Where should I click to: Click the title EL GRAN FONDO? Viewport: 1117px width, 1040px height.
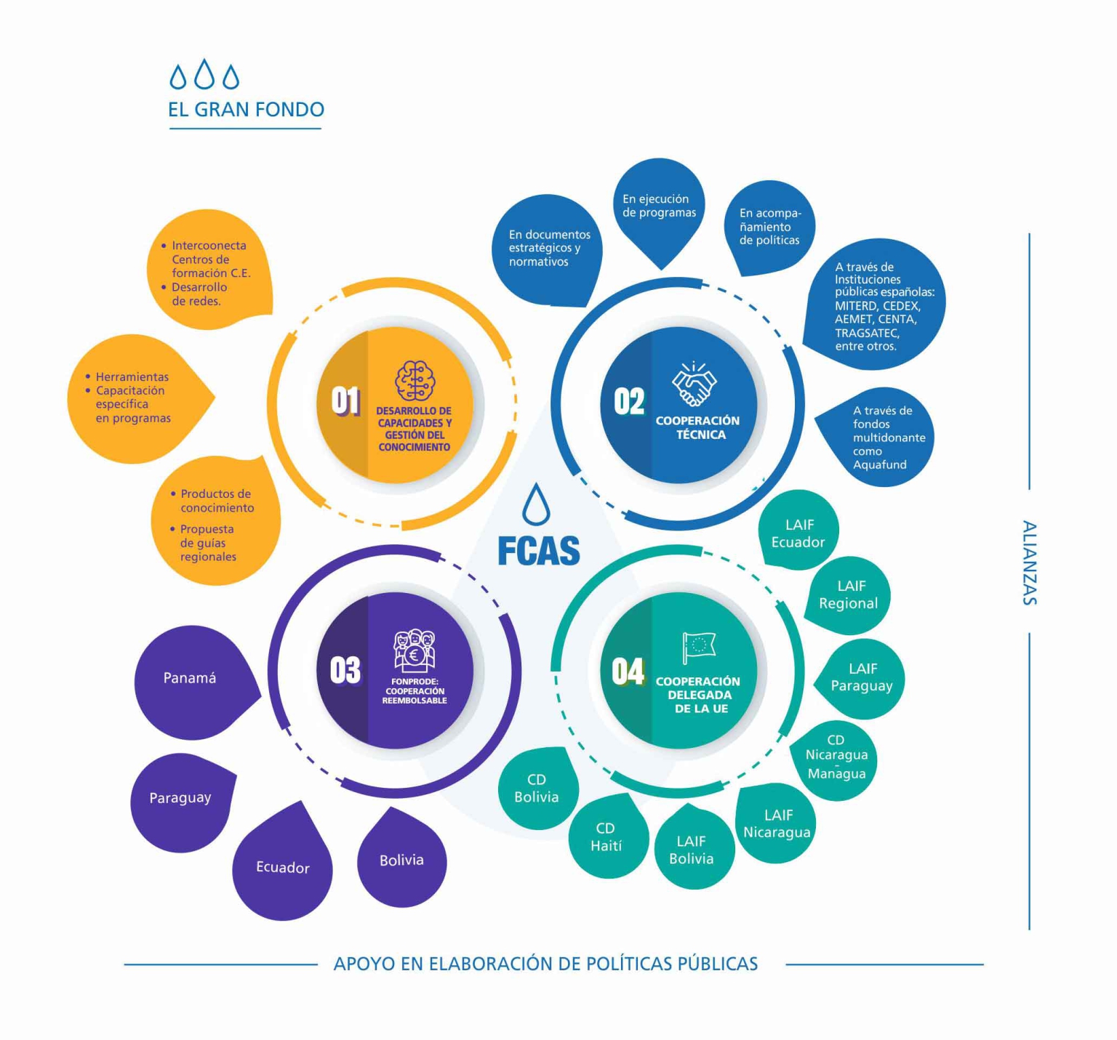click(x=246, y=110)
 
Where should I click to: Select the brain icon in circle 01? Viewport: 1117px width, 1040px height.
click(x=415, y=380)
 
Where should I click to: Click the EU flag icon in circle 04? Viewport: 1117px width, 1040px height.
click(x=698, y=646)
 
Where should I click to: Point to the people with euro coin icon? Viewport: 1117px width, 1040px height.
click(x=415, y=649)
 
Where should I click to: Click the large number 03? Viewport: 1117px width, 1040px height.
click(x=345, y=670)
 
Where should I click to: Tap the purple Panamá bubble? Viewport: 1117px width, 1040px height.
click(x=191, y=679)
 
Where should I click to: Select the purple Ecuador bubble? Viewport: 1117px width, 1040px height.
click(x=282, y=868)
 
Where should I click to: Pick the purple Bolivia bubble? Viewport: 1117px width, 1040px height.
click(x=401, y=860)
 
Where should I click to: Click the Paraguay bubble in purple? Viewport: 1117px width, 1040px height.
click(x=180, y=798)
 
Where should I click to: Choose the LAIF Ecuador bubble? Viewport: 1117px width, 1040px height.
click(x=798, y=533)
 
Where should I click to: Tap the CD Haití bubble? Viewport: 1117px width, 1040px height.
click(x=606, y=837)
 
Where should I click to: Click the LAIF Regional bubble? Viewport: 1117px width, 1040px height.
click(x=849, y=594)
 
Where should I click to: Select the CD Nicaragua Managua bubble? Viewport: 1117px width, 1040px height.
click(x=836, y=757)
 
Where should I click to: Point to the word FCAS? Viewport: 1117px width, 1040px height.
click(x=539, y=551)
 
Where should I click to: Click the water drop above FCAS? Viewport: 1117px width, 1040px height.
click(x=537, y=504)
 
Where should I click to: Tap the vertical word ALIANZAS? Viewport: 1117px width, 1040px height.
click(x=1029, y=563)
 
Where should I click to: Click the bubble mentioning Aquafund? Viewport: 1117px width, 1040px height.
click(x=880, y=438)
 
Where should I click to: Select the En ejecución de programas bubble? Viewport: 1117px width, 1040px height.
click(x=659, y=206)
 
